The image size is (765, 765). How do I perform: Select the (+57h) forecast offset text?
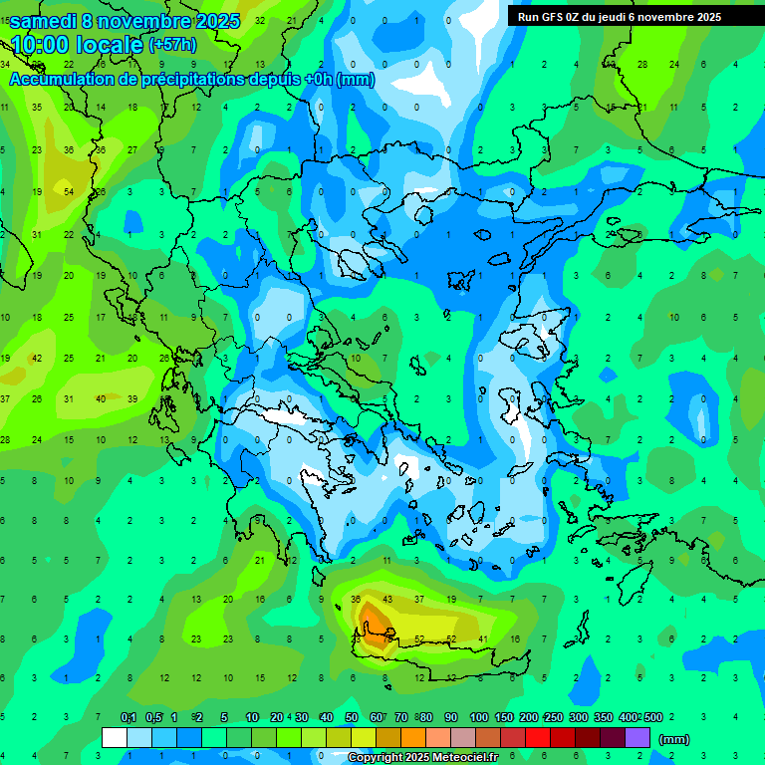tap(172, 44)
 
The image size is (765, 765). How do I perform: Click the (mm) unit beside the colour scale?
tap(674, 739)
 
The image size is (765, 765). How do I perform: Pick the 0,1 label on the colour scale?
tap(128, 717)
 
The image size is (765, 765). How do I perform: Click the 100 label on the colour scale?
tap(478, 717)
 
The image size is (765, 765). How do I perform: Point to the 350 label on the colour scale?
tap(603, 717)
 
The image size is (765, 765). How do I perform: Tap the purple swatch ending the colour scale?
tap(637, 737)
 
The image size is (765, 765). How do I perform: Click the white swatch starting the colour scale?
tap(115, 737)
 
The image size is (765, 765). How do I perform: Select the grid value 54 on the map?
tap(69, 191)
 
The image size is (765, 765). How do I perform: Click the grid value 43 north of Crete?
tap(387, 599)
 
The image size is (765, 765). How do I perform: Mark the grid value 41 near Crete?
tap(483, 638)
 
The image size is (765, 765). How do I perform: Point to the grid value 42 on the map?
tap(37, 358)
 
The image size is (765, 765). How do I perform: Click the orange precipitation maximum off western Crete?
tap(376, 626)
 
